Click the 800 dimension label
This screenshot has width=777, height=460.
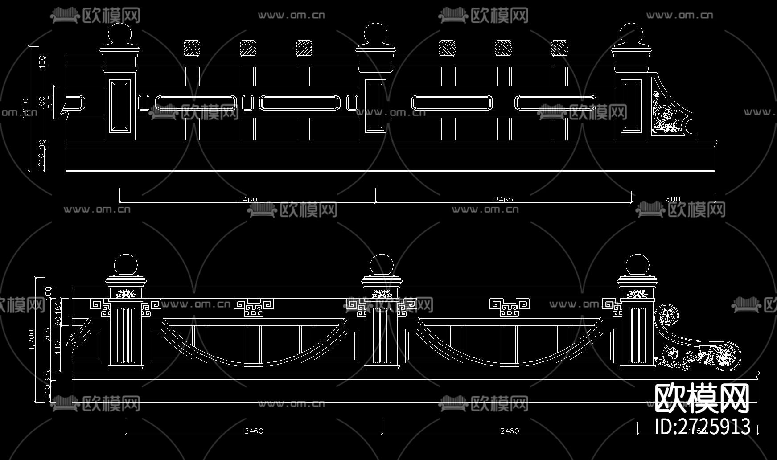click(x=673, y=199)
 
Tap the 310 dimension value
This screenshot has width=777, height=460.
click(x=50, y=102)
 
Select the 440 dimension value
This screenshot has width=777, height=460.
click(x=57, y=348)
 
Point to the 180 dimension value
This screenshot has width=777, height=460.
click(x=58, y=307)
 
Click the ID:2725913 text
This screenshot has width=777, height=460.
click(x=703, y=427)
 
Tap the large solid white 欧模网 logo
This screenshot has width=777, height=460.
click(x=701, y=398)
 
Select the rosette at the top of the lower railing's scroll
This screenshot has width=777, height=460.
click(x=667, y=316)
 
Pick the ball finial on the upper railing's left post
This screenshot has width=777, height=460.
click(x=120, y=34)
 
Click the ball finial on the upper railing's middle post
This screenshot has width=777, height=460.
click(x=375, y=34)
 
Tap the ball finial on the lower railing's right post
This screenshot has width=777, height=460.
click(x=637, y=265)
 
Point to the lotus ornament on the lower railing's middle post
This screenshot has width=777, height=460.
click(x=382, y=294)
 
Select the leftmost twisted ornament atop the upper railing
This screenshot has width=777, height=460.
click(x=192, y=48)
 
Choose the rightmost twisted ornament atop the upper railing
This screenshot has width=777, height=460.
click(x=559, y=48)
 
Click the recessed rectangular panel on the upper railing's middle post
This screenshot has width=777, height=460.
click(x=375, y=106)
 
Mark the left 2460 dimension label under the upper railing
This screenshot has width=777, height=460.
click(x=247, y=199)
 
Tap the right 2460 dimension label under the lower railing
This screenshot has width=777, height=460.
click(x=510, y=431)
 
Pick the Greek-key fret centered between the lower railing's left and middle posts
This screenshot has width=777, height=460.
click(x=254, y=307)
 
